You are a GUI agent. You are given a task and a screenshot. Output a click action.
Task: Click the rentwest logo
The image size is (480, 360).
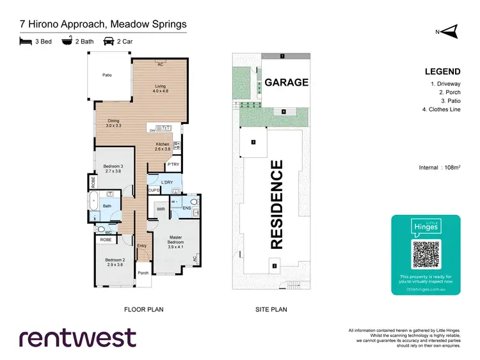click(77, 338)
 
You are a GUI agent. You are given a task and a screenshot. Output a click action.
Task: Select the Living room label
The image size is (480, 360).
click(159, 88)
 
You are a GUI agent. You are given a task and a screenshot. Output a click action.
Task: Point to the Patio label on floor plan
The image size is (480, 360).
click(108, 75)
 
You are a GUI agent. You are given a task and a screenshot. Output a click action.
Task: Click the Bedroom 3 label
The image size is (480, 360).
click(113, 169)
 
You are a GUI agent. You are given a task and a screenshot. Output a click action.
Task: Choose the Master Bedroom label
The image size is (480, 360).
click(175, 244)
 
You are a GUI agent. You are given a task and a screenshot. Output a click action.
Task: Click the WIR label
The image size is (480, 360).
click(161, 208)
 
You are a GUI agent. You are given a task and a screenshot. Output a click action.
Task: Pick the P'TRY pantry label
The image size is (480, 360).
click(173, 165)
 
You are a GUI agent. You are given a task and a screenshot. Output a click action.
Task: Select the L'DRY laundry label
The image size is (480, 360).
click(168, 183)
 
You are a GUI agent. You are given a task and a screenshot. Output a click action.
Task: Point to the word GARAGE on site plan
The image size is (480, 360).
click(287, 82)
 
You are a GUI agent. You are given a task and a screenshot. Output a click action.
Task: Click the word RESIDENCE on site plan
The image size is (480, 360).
click(276, 205)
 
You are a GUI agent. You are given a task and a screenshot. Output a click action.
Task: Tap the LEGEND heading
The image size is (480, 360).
click(443, 71)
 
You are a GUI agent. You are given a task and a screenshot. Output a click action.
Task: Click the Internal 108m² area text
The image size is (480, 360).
click(438, 168)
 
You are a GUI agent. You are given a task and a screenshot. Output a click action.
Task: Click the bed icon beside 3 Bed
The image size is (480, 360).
click(26, 41)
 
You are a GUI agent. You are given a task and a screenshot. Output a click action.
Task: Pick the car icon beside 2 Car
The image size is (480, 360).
click(109, 41)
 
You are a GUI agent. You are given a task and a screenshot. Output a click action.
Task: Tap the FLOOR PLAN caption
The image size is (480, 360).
click(143, 309)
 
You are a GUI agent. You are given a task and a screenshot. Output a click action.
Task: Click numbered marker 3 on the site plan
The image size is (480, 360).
click(253, 141)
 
